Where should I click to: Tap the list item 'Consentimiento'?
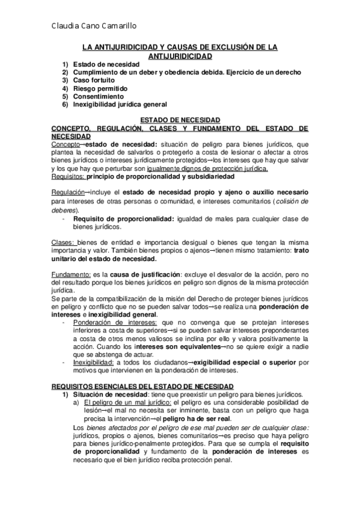click(99, 96)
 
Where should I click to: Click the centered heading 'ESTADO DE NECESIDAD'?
click(180, 120)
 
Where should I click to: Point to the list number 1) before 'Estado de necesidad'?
click(65, 64)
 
